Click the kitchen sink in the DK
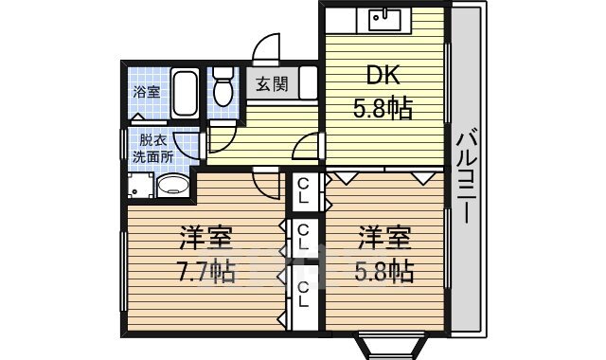point(384,19)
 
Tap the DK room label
point(383,76)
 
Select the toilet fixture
point(223,86)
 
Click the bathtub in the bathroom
point(185,94)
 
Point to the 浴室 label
point(147,92)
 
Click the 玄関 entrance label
point(272,83)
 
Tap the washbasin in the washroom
point(172,186)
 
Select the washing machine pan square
point(140,186)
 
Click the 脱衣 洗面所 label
point(153,149)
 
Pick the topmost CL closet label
point(303,191)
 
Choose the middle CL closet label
point(303,237)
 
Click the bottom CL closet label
point(303,294)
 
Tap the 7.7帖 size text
point(205,272)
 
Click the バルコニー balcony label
point(467,177)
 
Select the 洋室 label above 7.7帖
point(205,238)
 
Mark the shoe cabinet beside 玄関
point(309,82)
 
